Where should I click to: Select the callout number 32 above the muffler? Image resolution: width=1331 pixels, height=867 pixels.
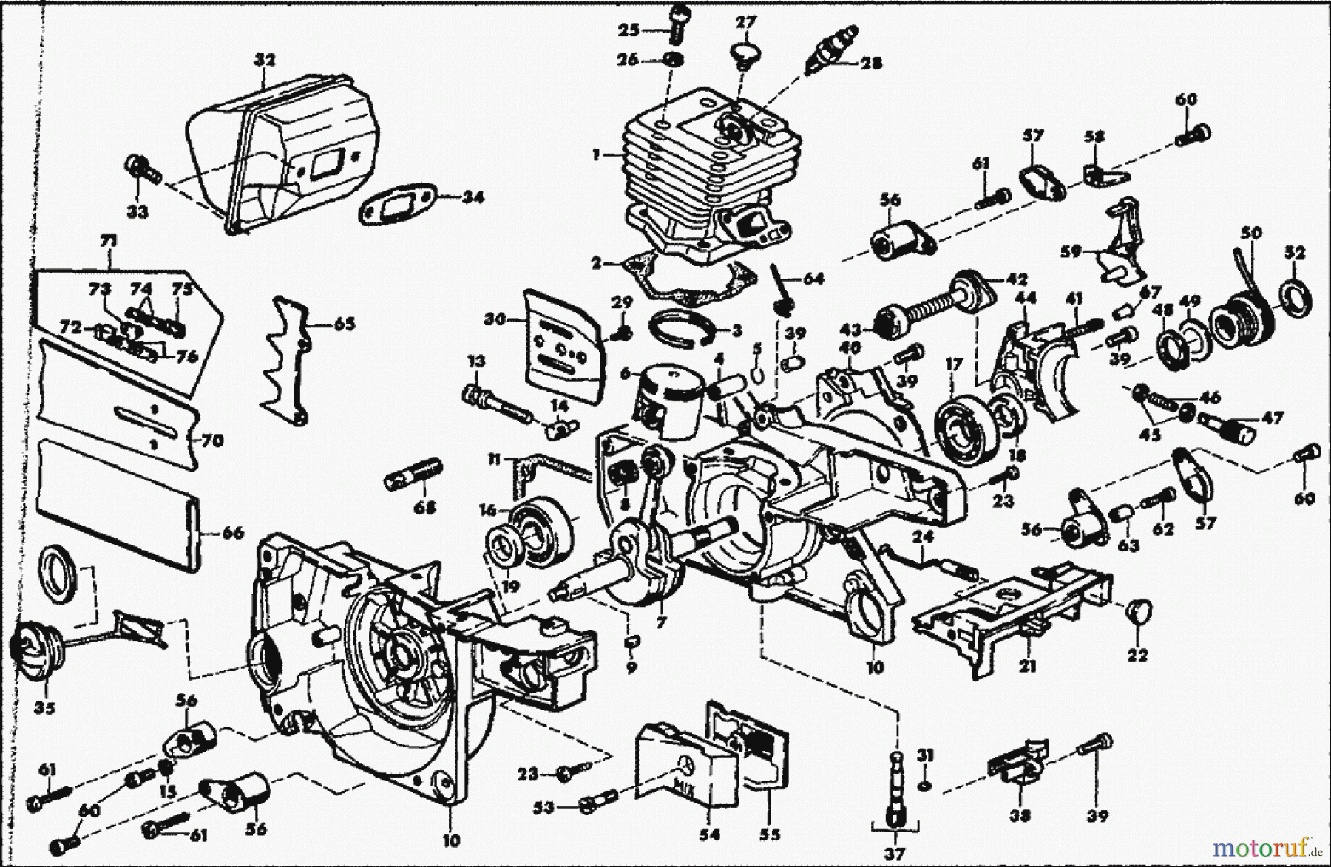[x=259, y=61]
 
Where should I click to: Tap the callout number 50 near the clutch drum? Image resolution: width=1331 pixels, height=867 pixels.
[x=1250, y=232]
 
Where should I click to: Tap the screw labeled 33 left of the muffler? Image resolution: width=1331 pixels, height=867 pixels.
[x=142, y=171]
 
